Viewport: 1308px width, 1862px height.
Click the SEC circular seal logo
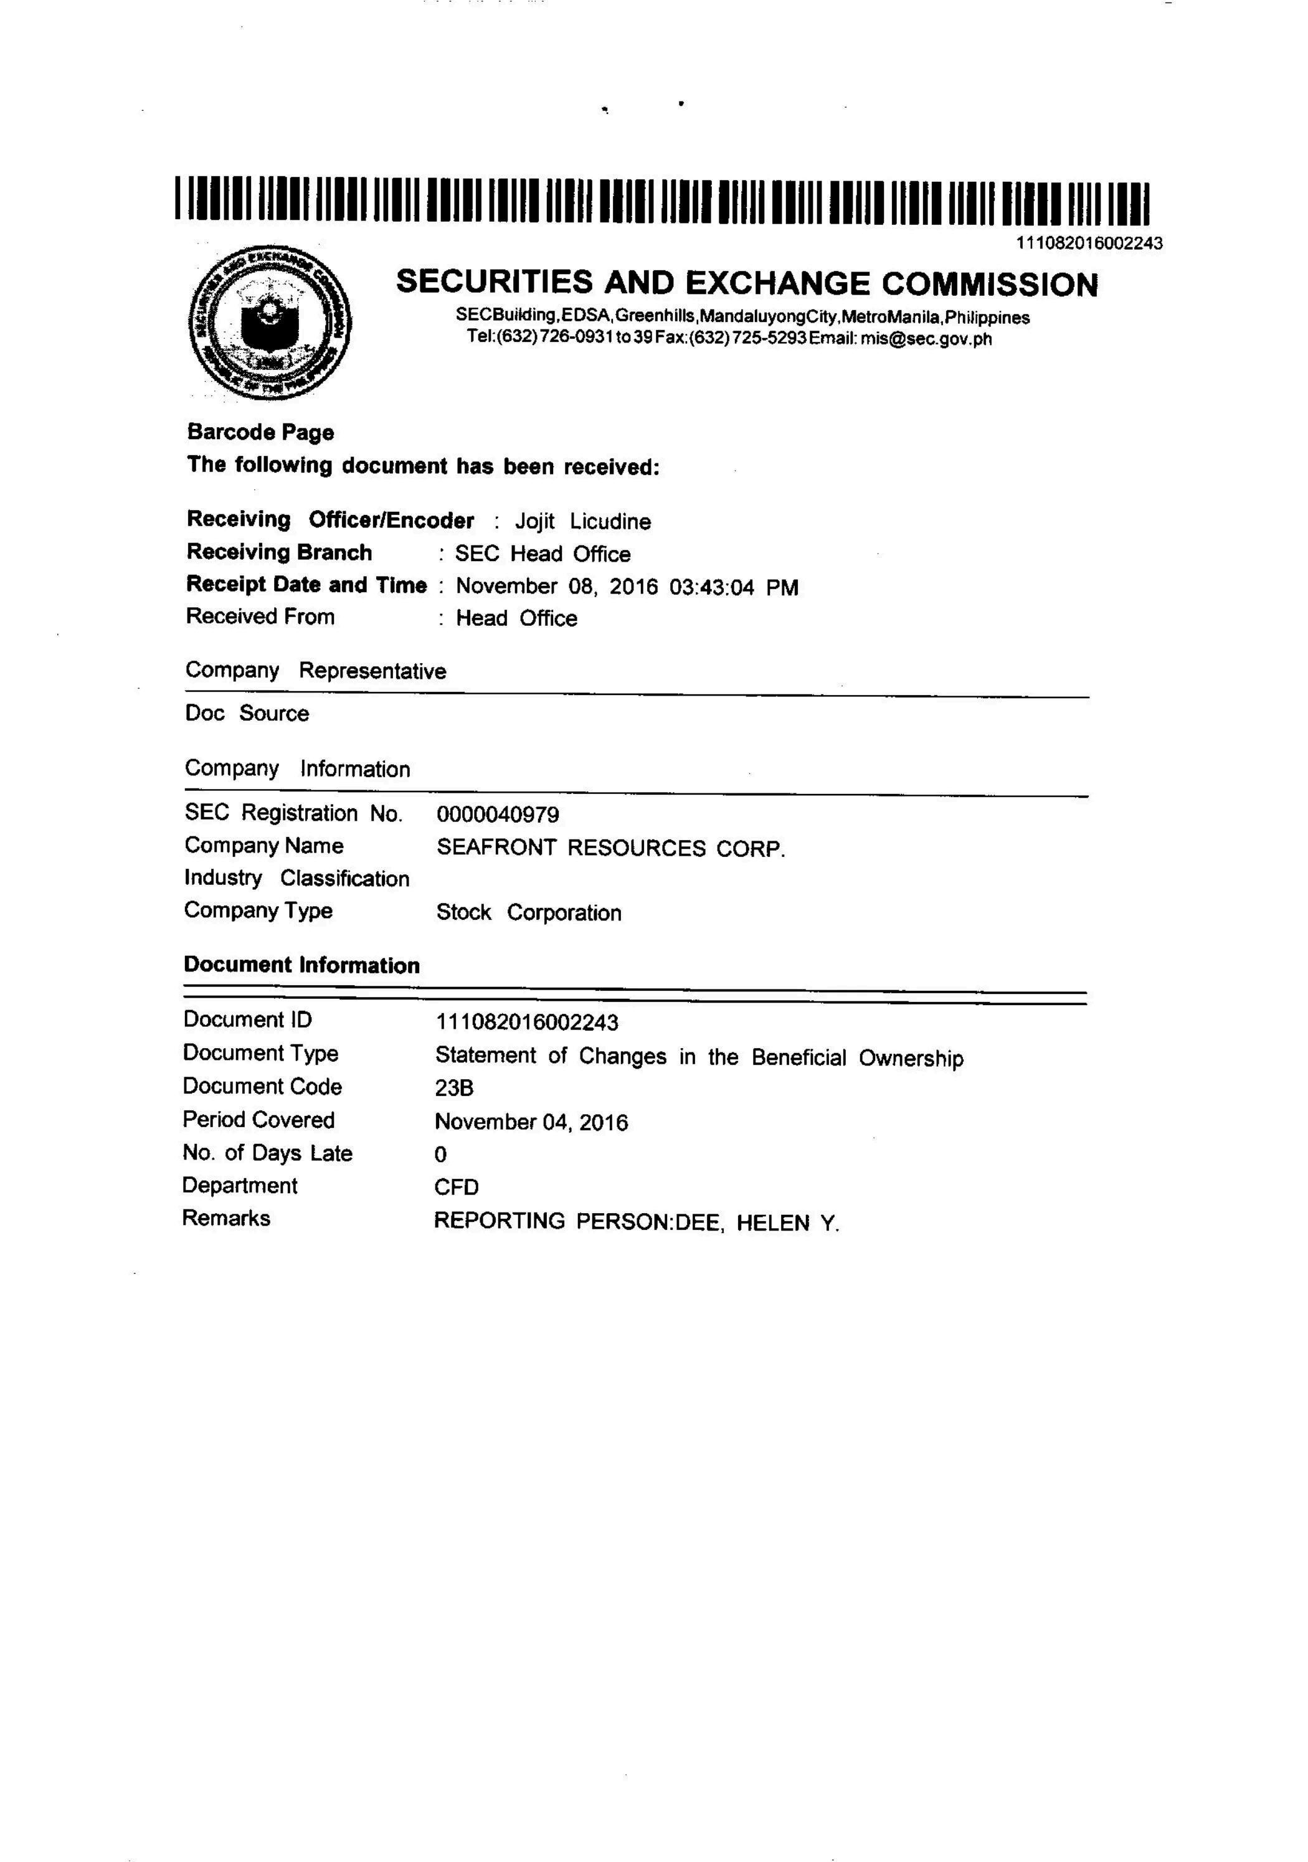pos(270,323)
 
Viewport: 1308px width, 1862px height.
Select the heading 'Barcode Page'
pos(260,432)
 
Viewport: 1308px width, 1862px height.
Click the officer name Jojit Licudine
pos(582,521)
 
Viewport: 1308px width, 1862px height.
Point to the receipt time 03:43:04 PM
pos(733,587)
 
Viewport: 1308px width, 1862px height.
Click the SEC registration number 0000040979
pos(497,814)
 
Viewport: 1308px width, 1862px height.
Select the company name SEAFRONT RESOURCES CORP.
pos(610,848)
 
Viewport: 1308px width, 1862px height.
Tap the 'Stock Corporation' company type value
pos(529,912)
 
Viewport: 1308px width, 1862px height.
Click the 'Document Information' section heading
pos(301,965)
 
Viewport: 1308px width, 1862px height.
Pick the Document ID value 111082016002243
pos(526,1022)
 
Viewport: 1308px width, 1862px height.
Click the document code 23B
pos(454,1087)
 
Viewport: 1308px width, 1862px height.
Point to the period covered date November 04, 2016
pos(531,1122)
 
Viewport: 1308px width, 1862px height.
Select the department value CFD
pos(457,1188)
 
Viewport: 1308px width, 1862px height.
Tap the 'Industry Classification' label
pos(297,878)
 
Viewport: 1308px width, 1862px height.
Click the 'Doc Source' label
pos(247,714)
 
